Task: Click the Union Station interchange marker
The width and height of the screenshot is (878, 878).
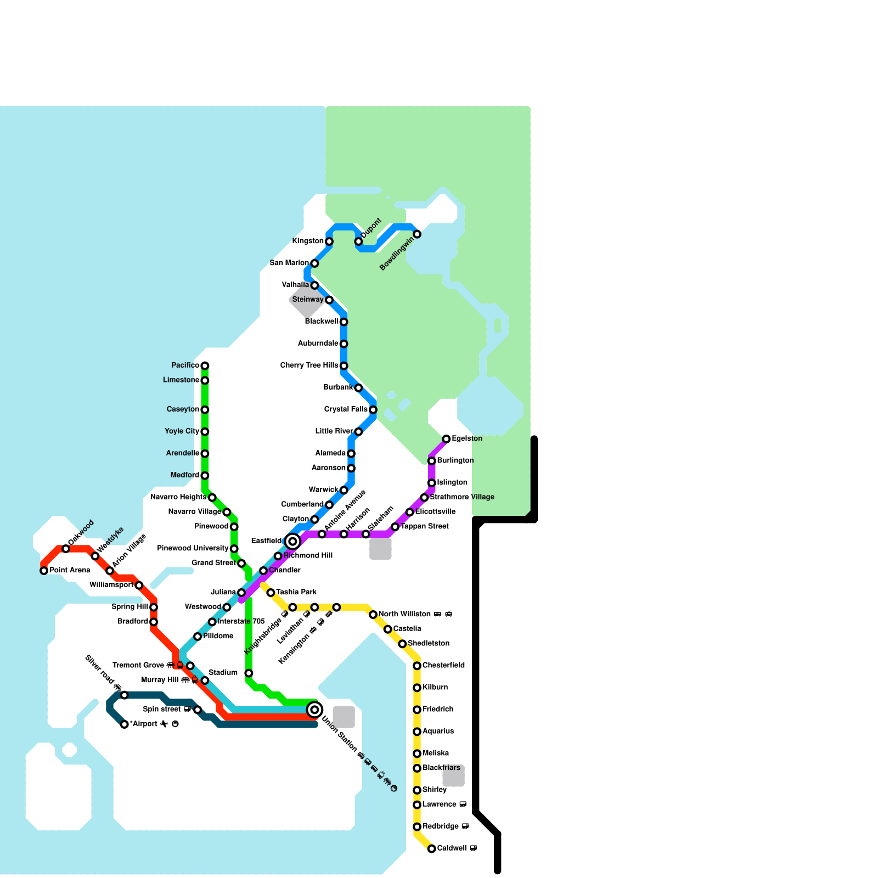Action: point(314,710)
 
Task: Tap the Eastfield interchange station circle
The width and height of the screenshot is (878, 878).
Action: point(293,542)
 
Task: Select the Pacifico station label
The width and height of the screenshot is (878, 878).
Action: point(185,365)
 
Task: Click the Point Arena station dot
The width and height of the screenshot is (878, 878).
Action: point(44,571)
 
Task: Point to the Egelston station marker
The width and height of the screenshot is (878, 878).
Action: point(447,439)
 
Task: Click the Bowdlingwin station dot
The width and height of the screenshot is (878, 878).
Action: point(417,234)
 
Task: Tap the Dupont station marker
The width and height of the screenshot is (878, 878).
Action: point(358,241)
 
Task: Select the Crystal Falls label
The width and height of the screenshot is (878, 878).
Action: point(346,409)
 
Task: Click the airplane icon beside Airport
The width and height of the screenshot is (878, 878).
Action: point(164,724)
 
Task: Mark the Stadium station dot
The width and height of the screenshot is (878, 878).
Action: point(249,673)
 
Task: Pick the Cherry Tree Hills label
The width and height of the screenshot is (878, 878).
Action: point(309,365)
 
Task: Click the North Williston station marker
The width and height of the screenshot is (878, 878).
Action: point(373,615)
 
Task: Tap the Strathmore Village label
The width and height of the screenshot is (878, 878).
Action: point(462,497)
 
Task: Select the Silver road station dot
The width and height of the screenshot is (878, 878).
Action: point(125,695)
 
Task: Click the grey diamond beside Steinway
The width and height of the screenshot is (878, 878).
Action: point(308,300)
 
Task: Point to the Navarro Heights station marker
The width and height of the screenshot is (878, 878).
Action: point(212,498)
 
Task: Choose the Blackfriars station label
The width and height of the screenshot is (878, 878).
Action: point(441,768)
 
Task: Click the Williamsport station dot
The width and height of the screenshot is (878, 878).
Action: point(139,586)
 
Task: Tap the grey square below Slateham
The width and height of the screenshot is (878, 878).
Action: point(380,549)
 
